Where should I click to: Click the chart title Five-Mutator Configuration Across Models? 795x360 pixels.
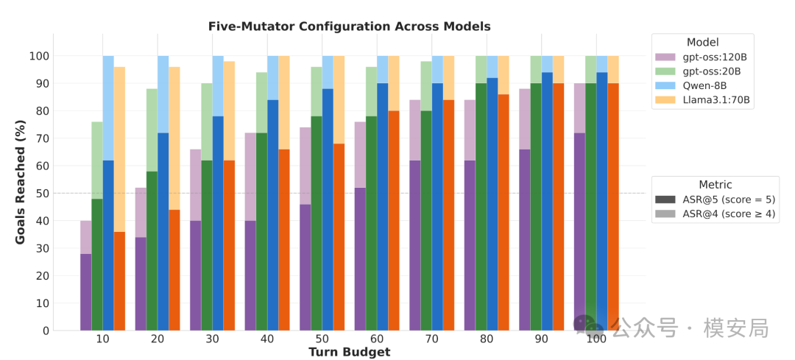(350, 27)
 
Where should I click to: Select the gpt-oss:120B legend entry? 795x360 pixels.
(702, 57)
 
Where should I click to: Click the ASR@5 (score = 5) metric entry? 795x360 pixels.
(715, 200)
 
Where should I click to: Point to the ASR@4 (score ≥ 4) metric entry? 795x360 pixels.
(715, 214)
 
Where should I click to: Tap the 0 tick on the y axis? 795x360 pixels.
(46, 331)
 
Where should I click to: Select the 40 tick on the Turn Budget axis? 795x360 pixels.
(267, 339)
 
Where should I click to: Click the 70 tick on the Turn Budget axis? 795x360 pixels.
(432, 339)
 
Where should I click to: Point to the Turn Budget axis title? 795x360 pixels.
(350, 352)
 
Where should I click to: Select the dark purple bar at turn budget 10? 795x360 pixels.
(85, 292)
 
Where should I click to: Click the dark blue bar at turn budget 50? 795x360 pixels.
(328, 210)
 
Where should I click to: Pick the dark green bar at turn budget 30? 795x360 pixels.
(207, 245)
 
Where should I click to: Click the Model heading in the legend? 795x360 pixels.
(703, 43)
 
